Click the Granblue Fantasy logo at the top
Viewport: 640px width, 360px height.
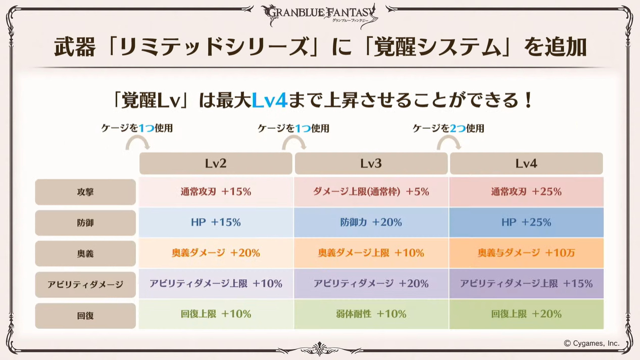319,15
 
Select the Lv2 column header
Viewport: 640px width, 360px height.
216,164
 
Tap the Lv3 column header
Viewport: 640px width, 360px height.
371,164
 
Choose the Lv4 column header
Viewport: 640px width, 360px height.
526,164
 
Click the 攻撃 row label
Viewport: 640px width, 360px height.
85,192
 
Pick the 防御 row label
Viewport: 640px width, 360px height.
85,223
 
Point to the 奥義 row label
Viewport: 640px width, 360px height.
85,253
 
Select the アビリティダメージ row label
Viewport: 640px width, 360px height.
85,284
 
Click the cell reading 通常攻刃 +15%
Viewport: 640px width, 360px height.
216,192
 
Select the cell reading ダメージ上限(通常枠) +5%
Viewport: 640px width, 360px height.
371,192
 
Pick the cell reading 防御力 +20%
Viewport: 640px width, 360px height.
371,223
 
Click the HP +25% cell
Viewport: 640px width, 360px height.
526,223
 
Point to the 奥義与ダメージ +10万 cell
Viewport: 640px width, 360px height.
526,253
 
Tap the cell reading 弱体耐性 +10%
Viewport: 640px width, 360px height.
371,314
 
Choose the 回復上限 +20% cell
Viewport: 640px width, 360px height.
526,314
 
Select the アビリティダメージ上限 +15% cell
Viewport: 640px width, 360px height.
526,284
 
